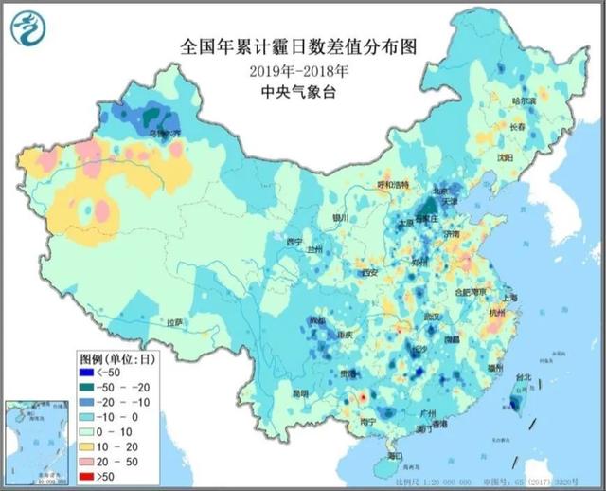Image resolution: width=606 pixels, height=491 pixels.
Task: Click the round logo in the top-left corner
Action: [27, 27]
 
